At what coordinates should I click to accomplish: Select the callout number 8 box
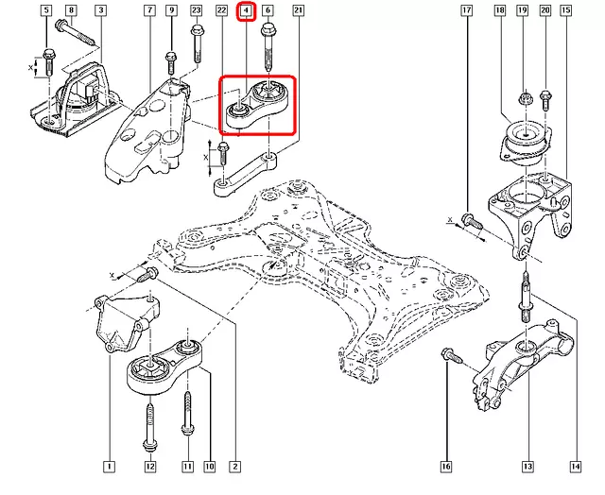71,10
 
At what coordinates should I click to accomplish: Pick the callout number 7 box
148,10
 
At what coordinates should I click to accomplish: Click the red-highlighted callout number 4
246,11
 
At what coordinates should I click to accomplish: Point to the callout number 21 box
298,10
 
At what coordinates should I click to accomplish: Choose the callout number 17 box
467,10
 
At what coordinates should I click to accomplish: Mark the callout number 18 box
499,10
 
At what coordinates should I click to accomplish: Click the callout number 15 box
565,10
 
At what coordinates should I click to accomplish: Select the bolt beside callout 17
470,221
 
